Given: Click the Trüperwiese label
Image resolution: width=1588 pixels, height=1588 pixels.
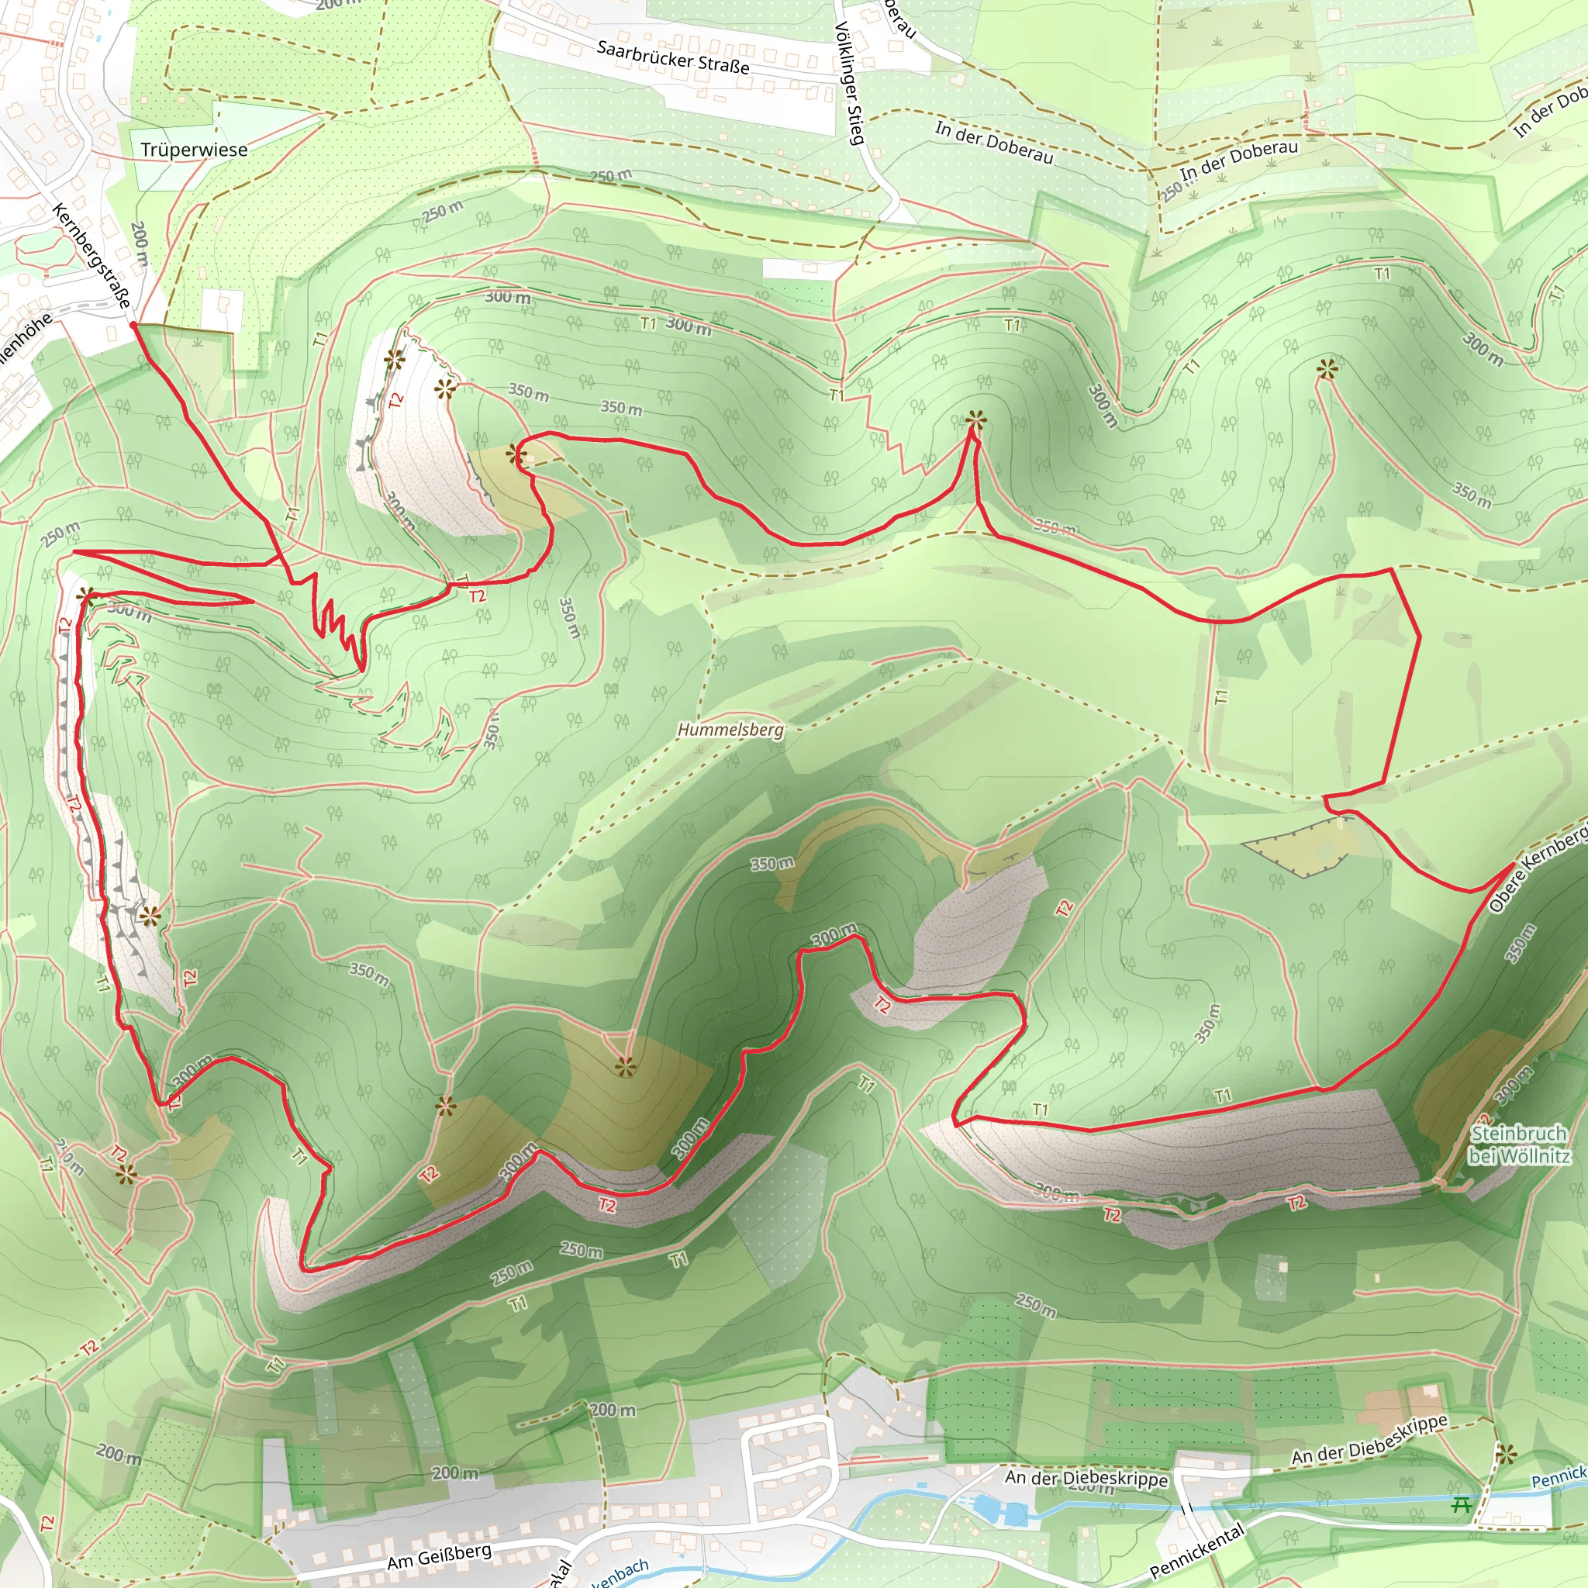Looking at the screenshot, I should (194, 150).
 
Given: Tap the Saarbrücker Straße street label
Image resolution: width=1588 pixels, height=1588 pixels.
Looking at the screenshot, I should (673, 57).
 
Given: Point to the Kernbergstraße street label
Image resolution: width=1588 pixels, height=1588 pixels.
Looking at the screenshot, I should (91, 256).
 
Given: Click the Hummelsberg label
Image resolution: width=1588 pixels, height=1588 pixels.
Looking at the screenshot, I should (730, 730).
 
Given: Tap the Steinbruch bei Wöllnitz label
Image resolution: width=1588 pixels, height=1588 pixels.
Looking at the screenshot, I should (1519, 1145).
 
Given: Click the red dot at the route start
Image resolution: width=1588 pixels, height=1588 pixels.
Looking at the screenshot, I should (133, 326).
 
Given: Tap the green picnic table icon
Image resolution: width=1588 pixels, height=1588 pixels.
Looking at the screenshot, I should (1461, 1504).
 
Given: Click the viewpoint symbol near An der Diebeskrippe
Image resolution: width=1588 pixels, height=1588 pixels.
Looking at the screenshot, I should (1505, 1455).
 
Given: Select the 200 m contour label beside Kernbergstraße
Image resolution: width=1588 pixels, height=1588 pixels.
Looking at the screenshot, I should (140, 243).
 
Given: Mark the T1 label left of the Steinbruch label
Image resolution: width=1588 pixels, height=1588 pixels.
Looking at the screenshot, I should (1223, 1096).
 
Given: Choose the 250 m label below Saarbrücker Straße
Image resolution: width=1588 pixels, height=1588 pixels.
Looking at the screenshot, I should (611, 175).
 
